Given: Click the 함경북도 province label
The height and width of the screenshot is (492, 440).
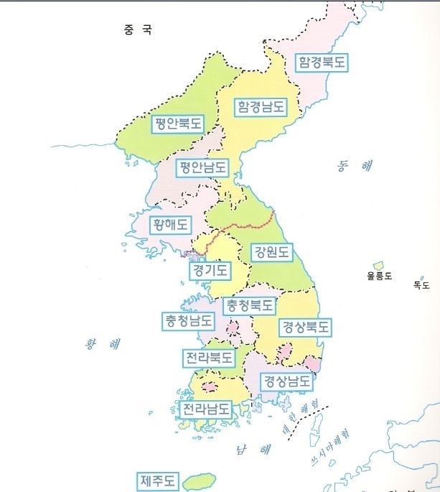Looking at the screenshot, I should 322,62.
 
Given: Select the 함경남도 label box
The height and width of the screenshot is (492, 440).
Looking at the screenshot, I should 261,107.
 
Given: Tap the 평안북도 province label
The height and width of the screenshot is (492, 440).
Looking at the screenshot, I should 177,124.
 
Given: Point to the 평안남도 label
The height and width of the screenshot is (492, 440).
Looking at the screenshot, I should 203,168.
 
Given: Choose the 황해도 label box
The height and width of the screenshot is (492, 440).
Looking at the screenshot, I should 170,224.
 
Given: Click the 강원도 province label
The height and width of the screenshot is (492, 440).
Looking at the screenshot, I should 271,252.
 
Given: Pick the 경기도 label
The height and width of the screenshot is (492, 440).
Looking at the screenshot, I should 210,271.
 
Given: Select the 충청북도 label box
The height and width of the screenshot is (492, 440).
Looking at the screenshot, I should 249,305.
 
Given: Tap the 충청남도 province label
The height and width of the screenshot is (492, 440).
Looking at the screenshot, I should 188,320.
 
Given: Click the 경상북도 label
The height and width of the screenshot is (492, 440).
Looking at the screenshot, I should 304,327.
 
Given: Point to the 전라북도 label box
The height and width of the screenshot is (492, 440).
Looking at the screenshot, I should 208,357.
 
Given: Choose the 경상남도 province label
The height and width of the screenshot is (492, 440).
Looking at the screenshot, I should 287,381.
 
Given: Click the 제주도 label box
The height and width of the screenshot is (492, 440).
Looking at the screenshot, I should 158,479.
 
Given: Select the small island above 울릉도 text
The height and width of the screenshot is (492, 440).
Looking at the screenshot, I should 378,266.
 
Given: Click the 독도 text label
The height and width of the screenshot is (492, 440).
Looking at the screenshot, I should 421,285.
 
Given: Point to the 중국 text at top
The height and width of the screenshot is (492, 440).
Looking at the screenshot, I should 138,30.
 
